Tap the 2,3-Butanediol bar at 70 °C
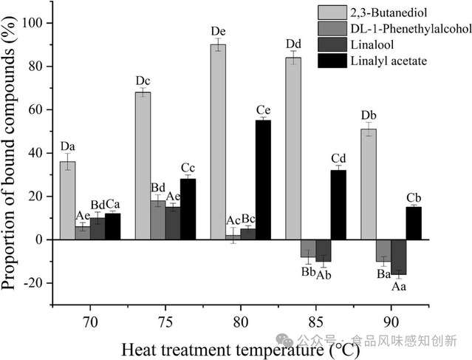point(67,200)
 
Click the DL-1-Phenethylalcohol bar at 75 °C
point(157,220)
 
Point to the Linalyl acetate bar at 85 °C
point(338,205)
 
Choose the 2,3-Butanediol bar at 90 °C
point(369,184)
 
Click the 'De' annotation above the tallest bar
point(218,32)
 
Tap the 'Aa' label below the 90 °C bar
point(399,285)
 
